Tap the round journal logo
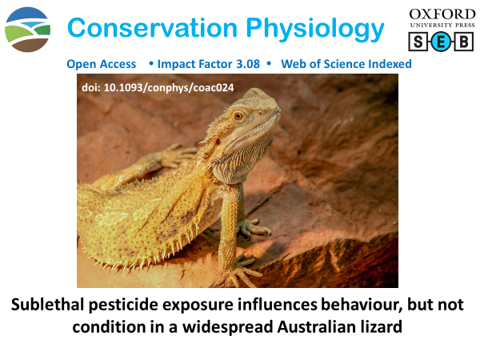coord(27,30)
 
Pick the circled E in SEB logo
coord(438,42)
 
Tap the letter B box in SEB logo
coord(463,42)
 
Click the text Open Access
coord(102,64)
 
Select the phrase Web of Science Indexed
coord(347,64)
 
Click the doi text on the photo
coord(158,87)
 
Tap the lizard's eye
coord(238,116)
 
